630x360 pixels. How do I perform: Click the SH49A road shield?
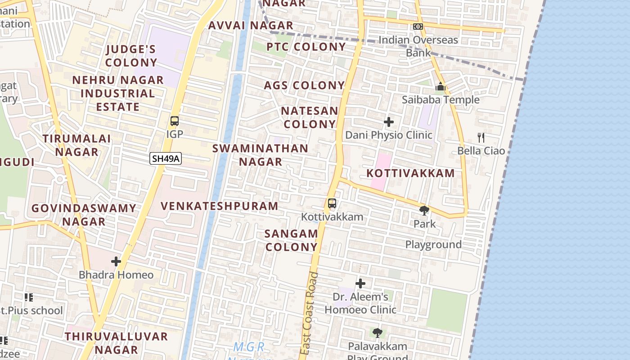tap(166, 158)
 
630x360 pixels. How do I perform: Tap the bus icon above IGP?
tap(175, 121)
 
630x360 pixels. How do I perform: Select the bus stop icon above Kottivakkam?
tap(332, 203)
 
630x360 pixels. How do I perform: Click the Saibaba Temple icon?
tap(441, 86)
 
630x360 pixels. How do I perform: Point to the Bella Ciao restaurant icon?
tap(481, 137)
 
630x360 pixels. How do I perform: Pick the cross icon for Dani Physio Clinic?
tap(389, 122)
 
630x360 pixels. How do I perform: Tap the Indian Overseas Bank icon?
tap(418, 27)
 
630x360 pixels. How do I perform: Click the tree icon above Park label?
tap(424, 210)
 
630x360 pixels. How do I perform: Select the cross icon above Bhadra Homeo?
tap(116, 261)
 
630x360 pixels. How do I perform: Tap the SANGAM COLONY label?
tap(291, 240)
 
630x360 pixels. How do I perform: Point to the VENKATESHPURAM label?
tap(220, 206)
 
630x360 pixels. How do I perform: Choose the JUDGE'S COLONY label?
tap(131, 56)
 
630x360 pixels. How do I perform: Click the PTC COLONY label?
tap(306, 47)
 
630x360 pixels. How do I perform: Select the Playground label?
tap(433, 244)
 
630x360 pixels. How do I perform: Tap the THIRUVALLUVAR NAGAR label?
tap(116, 343)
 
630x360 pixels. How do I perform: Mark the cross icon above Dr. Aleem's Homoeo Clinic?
tap(360, 283)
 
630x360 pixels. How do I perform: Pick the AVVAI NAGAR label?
tap(251, 25)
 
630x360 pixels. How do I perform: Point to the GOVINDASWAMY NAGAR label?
tap(84, 215)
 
